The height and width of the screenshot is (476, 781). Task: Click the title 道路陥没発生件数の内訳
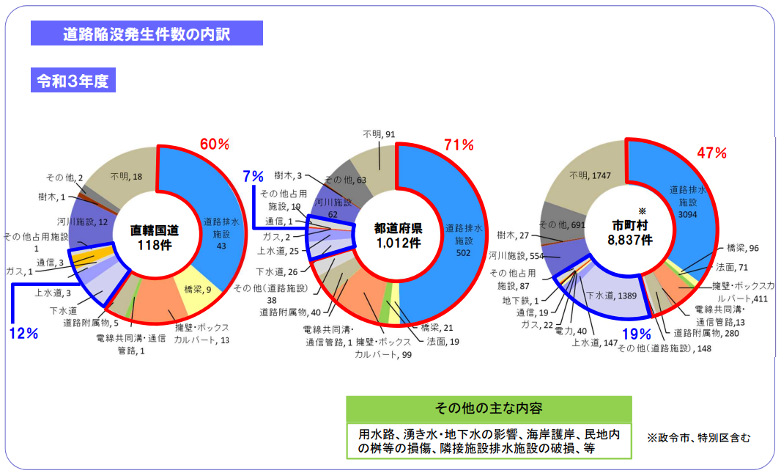pos(147,34)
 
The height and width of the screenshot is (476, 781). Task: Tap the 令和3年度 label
pos(73,81)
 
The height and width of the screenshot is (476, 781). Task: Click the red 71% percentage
pos(459,144)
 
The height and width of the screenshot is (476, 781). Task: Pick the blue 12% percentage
pos(23,333)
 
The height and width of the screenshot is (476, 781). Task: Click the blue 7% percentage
pos(253,176)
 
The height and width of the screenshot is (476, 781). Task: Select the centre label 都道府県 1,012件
pos(396,235)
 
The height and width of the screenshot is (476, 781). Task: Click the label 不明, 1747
pos(588,175)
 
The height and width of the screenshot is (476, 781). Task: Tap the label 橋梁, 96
pos(743,249)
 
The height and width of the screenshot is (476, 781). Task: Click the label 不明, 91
pos(380,134)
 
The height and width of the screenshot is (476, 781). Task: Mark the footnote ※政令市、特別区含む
pos(698,438)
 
